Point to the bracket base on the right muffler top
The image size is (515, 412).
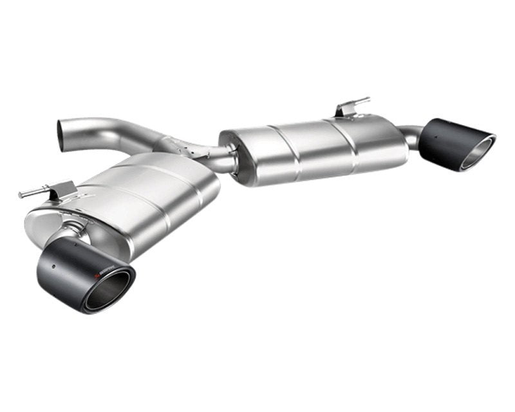(x=344, y=112)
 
